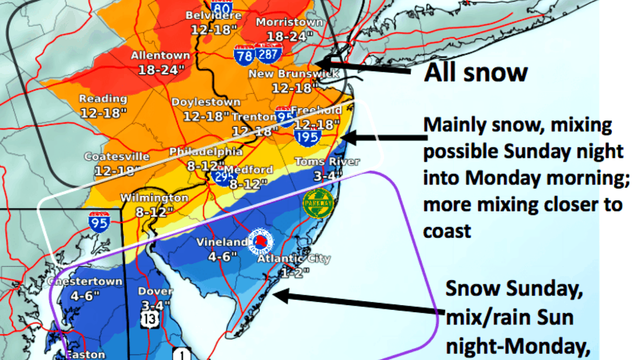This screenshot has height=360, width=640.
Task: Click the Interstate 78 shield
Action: pos(243,55)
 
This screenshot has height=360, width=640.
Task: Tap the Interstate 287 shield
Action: pos(268,53)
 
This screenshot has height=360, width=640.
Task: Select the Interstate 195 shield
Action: pos(307,136)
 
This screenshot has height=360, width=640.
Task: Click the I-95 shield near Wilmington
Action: pos(99,222)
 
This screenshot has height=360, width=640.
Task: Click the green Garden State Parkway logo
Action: pos(318,203)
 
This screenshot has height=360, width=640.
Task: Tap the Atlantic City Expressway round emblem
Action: pos(261,242)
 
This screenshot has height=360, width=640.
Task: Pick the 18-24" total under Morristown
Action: pos(283,36)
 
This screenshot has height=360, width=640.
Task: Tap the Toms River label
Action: pos(327,161)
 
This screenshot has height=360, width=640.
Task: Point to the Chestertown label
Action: pos(85,281)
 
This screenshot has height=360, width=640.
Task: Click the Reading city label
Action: pos(103,99)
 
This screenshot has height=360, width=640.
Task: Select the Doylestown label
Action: pos(206,102)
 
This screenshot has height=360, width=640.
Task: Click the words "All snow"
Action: pos(475,72)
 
